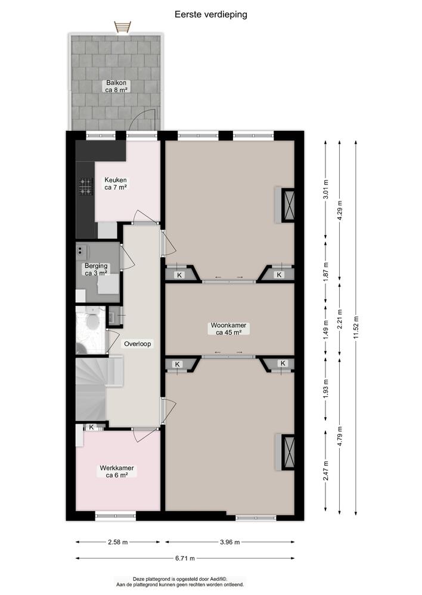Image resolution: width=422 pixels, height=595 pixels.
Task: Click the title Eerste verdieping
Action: [x=210, y=14]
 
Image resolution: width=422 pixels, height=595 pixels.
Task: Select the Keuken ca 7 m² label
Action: [x=116, y=183]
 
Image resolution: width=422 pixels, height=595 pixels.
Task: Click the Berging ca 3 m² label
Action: [x=95, y=270]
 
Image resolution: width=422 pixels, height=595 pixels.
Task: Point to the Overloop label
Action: [x=138, y=344]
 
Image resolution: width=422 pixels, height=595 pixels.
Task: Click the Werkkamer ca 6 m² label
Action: [x=116, y=472]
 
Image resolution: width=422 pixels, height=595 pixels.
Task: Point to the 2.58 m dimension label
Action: [x=117, y=542]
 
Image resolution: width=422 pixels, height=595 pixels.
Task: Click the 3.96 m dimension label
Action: [x=229, y=542]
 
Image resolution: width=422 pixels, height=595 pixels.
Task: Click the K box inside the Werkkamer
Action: [x=91, y=427]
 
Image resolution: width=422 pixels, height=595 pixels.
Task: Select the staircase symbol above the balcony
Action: [x=122, y=27]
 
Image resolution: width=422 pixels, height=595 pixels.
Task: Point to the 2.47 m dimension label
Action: [x=325, y=472]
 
